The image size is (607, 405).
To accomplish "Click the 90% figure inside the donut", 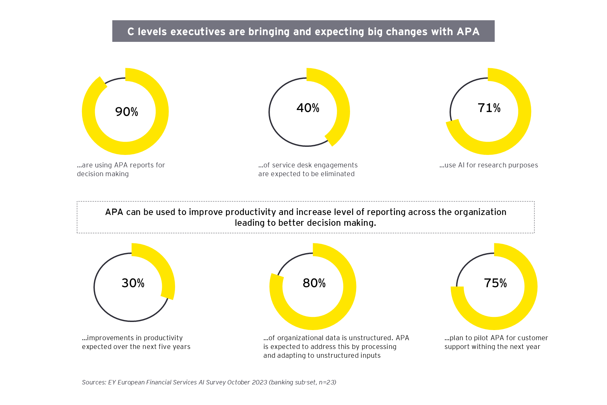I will (x=126, y=112).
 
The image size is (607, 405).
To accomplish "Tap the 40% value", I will (x=308, y=108).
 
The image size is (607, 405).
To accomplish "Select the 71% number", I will (x=489, y=108).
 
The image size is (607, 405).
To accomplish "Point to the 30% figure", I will (x=133, y=283).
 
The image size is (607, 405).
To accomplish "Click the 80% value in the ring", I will (x=314, y=283).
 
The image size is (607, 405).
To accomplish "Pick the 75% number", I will (x=495, y=283).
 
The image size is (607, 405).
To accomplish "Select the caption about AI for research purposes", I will (x=489, y=165).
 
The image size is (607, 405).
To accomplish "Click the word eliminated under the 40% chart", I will (x=338, y=174).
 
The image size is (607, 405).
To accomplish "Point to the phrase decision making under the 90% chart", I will (x=103, y=174).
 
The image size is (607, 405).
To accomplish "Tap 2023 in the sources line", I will (x=259, y=382).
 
